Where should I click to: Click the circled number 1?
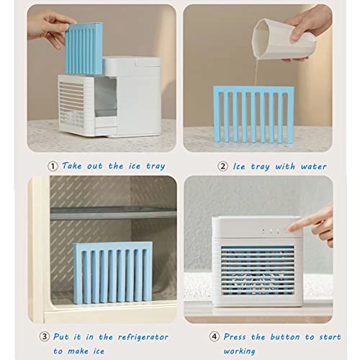click(52, 166)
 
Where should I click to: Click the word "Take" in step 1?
click(72, 166)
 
